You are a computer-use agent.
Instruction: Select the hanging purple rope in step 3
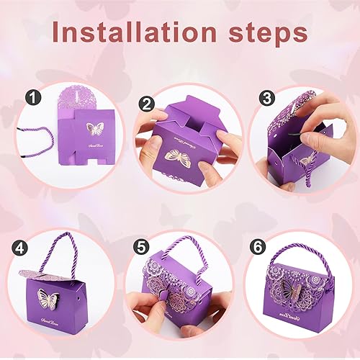(316, 174)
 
